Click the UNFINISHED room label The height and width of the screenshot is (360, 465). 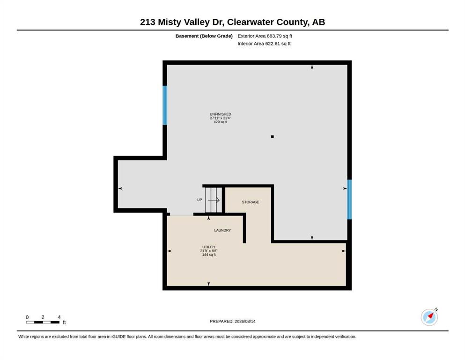pos(221,114)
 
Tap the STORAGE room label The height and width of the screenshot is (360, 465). pos(250,202)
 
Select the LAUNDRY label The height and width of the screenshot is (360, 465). pos(222,230)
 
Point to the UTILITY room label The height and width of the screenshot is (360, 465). pos(209,247)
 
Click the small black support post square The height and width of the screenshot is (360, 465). pos(272,136)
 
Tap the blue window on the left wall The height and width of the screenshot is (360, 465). pos(165,105)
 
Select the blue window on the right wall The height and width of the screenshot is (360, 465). pos(349,199)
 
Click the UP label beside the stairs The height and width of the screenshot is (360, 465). pos(199,200)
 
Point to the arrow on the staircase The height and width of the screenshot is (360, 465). pos(214,200)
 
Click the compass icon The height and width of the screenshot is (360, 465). pos(429,317)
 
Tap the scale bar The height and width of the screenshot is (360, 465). pos(43,322)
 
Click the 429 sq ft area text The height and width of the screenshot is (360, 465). pos(221,122)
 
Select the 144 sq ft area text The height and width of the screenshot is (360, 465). pos(209,255)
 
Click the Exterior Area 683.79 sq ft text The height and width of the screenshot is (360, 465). pos(265,36)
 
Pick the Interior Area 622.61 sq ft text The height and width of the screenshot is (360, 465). pos(264,44)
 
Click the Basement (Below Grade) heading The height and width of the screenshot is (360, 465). pos(204,36)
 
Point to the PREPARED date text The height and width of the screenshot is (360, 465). pos(232,321)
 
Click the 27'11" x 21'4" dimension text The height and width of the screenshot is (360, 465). pos(221,118)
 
